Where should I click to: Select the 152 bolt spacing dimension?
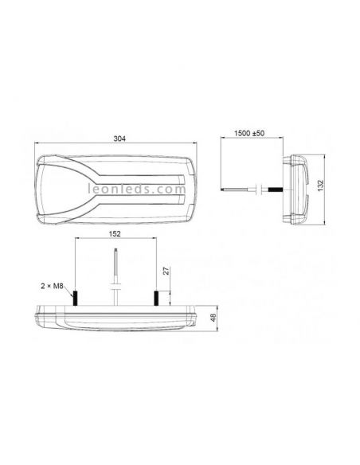coord(115,236)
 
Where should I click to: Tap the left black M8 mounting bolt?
coord(75,299)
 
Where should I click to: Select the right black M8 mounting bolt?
coord(156,299)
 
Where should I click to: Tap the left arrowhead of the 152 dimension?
coord(76,241)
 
